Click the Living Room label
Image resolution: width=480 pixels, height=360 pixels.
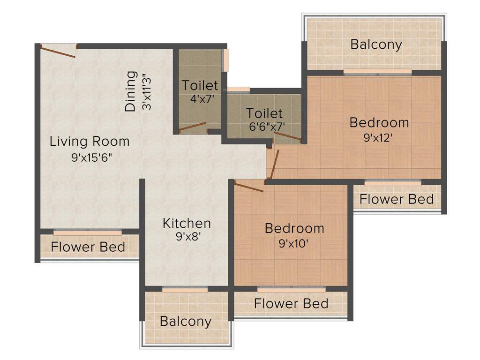coord(90,141)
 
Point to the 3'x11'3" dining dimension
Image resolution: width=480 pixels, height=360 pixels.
coord(147,91)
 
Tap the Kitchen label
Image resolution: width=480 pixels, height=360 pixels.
coord(187,223)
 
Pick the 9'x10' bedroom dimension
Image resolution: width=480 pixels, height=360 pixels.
coord(294,244)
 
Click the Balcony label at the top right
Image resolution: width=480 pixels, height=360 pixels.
coord(376,45)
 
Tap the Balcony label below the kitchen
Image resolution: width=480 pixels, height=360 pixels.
coord(186,322)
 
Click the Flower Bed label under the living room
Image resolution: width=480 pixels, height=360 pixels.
coord(88,247)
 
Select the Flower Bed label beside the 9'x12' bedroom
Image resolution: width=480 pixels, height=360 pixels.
coord(397,199)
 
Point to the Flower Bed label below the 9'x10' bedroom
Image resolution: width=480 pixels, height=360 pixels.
coord(291,304)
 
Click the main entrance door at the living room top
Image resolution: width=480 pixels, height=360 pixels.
coord(58,51)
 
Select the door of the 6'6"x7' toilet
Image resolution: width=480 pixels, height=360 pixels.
coord(287,136)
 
